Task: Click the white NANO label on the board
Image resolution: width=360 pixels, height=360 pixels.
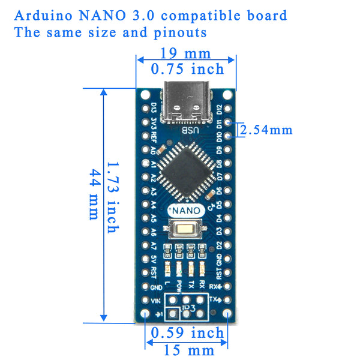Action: tap(187, 211)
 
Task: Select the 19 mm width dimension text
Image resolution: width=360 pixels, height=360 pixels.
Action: tap(186, 54)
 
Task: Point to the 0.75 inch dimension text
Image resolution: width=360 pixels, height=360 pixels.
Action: tap(187, 69)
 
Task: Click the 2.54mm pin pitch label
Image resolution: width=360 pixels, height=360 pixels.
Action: tap(266, 129)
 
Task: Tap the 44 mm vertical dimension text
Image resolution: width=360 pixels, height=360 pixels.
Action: tap(94, 195)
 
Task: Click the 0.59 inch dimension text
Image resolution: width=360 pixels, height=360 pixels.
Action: tap(187, 332)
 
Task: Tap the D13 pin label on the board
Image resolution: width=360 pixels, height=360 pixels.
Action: tap(154, 109)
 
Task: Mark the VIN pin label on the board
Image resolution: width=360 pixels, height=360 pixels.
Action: tap(155, 300)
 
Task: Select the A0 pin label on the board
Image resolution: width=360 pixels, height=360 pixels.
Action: tap(154, 150)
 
